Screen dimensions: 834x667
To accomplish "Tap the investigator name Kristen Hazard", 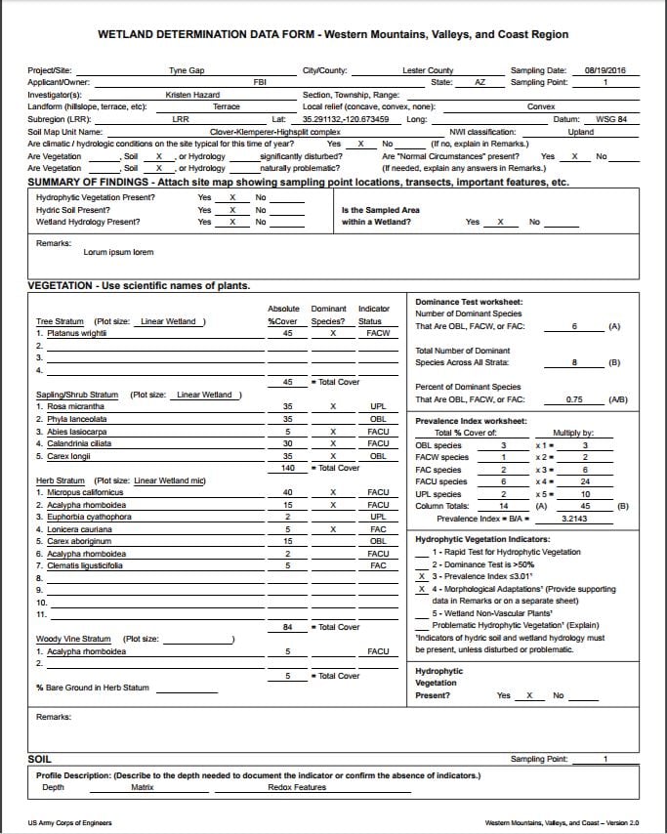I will [x=193, y=95].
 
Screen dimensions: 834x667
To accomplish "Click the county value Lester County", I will [x=428, y=70].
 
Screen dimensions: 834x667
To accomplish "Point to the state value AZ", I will [x=479, y=82].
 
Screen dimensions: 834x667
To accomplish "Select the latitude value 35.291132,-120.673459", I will [x=345, y=119].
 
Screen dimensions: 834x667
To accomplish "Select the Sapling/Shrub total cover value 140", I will [x=288, y=468].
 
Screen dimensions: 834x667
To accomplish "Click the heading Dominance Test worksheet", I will [x=469, y=302].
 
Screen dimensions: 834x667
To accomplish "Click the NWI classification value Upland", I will [x=580, y=131].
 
